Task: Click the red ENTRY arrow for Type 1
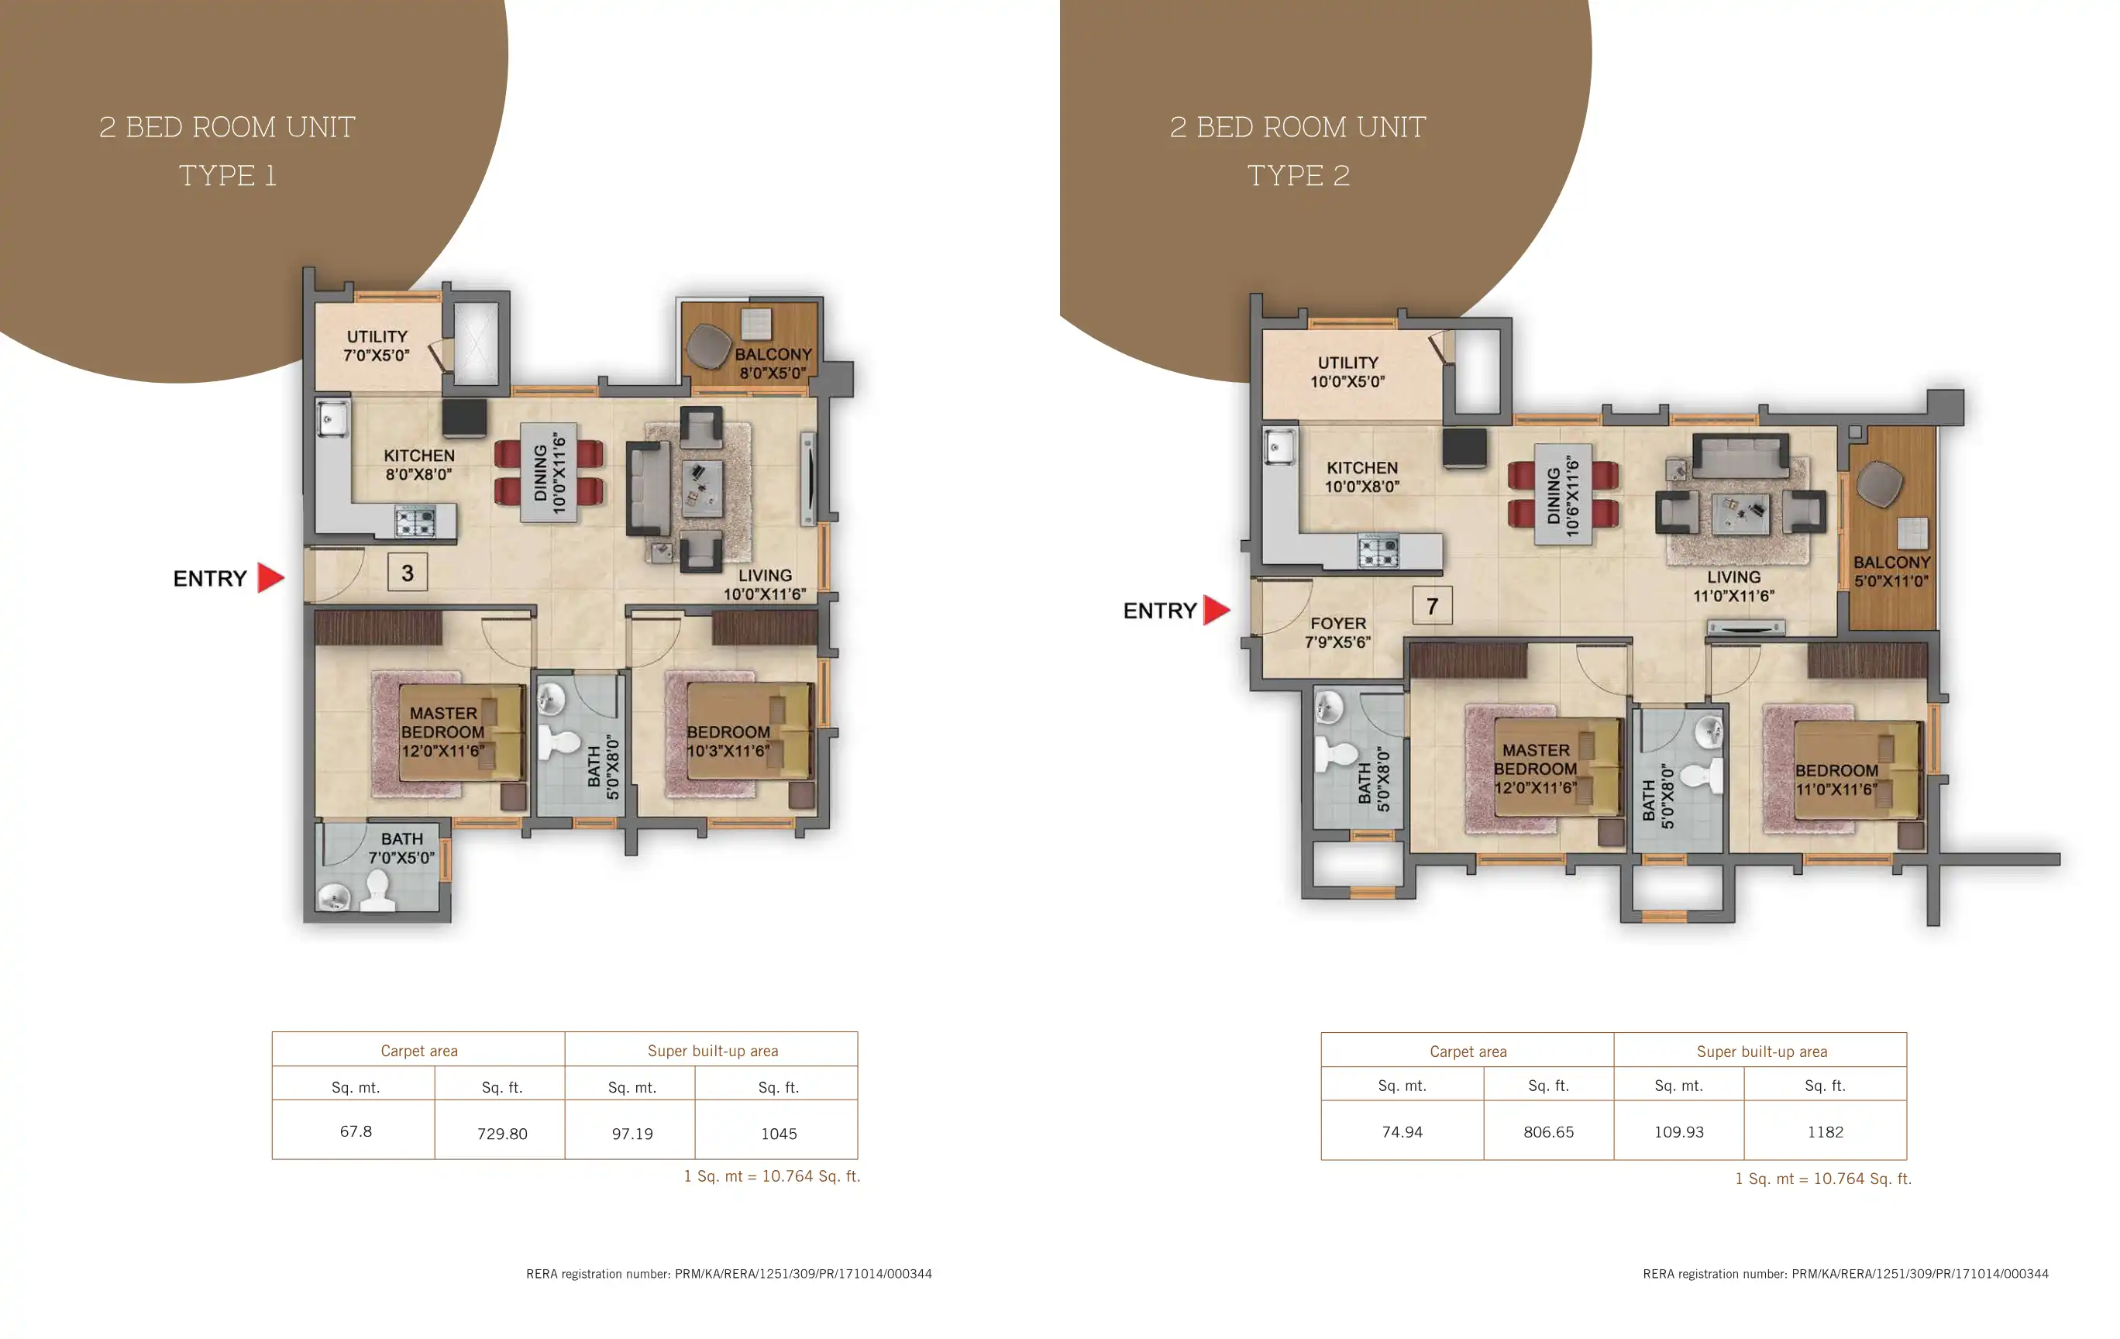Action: pos(270,578)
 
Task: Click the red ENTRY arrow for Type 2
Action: pos(1216,610)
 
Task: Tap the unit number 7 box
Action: pos(1433,606)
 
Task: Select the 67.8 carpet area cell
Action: pos(356,1131)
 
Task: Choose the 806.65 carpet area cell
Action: pos(1549,1132)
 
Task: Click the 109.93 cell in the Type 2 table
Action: pos(1679,1132)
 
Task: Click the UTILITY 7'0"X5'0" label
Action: pos(377,346)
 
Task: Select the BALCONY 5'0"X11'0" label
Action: pos(1891,571)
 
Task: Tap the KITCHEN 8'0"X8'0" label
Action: pos(419,465)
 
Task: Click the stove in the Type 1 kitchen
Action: pos(415,522)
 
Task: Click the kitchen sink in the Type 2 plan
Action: pos(1279,446)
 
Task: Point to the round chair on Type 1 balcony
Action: pos(709,345)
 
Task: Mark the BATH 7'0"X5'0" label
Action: pos(401,848)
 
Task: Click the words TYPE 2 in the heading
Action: pos(1299,175)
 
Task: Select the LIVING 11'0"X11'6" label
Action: pos(1733,587)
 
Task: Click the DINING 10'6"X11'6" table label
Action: pos(1564,496)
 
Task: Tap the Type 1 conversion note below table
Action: pos(772,1176)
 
